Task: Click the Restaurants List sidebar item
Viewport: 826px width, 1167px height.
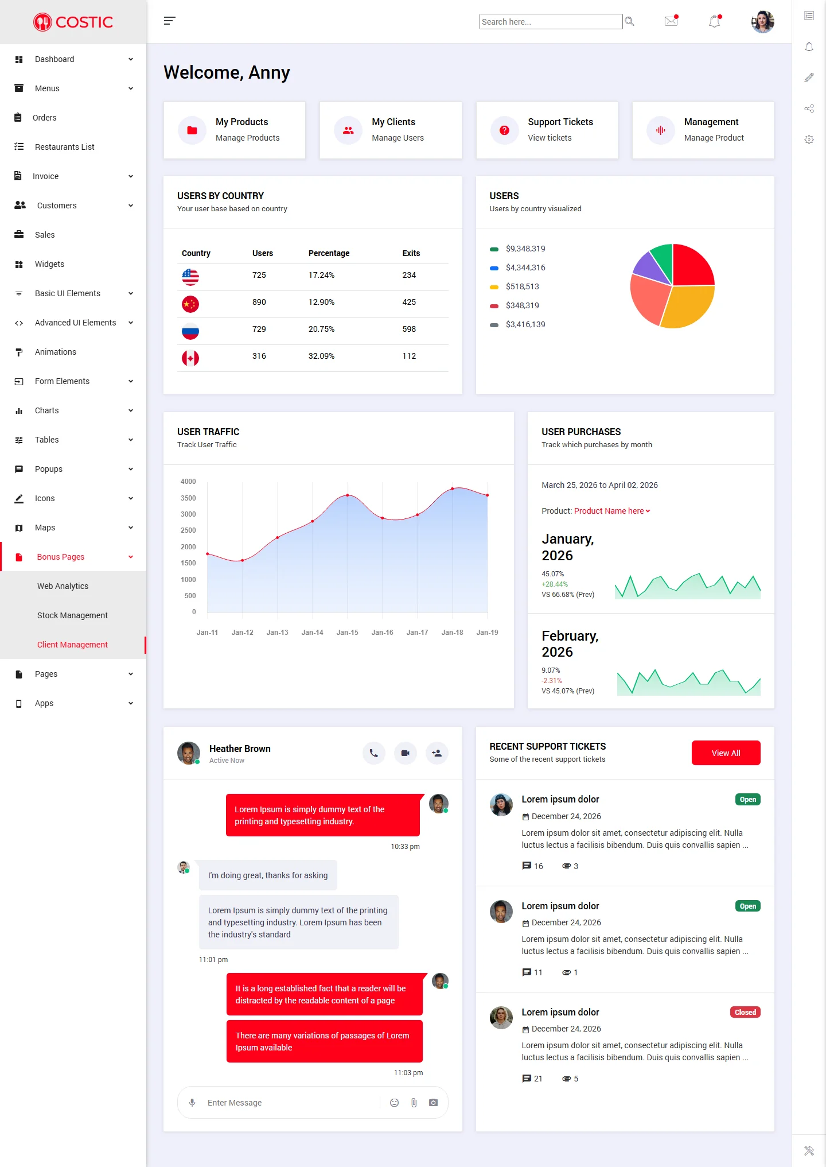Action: [64, 147]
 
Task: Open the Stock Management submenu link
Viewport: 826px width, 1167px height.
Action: [72, 615]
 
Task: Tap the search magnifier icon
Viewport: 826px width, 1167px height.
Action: [629, 21]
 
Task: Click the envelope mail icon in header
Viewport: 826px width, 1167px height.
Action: [671, 21]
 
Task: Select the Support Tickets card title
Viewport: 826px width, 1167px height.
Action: [560, 122]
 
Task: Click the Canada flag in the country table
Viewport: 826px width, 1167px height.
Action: [190, 358]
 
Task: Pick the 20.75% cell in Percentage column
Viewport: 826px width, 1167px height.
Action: [321, 329]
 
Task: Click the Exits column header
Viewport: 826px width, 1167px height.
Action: [411, 253]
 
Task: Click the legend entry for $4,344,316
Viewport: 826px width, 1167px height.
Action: [525, 267]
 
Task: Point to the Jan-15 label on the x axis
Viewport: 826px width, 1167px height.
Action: [347, 633]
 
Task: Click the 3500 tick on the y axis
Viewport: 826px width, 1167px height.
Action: [188, 498]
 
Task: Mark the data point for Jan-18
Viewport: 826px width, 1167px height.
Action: [453, 488]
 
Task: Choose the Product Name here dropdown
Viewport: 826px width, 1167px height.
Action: [611, 511]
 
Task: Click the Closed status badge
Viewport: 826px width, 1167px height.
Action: [745, 1012]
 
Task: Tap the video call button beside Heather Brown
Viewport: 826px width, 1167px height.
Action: [405, 753]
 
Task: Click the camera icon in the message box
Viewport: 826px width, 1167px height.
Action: [433, 1103]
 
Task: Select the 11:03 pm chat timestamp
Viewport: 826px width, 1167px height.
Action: [408, 1073]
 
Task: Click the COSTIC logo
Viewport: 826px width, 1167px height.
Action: [73, 22]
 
